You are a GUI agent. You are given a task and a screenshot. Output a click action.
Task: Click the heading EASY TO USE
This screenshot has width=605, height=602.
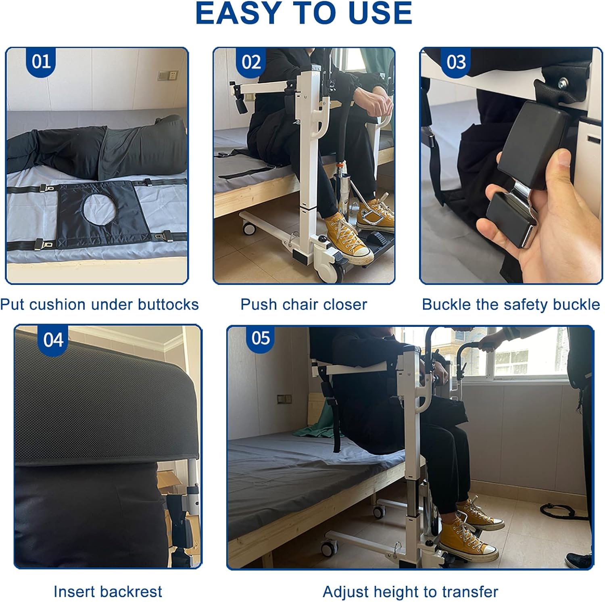coord(303,14)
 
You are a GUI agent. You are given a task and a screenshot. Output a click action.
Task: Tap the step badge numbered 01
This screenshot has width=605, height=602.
coord(41,62)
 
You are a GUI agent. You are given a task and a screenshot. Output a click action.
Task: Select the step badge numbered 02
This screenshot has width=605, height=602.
coord(251,62)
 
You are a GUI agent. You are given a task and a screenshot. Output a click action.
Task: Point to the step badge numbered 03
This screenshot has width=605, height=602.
coord(456,62)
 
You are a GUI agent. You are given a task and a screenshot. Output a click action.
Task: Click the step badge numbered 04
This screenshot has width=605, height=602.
coord(53,340)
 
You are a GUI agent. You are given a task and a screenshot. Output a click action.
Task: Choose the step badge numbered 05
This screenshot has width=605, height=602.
coord(260,338)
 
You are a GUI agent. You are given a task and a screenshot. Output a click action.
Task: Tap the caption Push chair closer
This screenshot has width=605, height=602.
coord(303,305)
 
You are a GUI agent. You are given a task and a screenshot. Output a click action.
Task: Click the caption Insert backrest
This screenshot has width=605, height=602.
coord(108,592)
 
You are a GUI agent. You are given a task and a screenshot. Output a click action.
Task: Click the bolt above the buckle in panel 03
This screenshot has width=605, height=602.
coord(561,85)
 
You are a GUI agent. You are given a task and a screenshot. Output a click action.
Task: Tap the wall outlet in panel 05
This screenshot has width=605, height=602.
coord(284,399)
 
